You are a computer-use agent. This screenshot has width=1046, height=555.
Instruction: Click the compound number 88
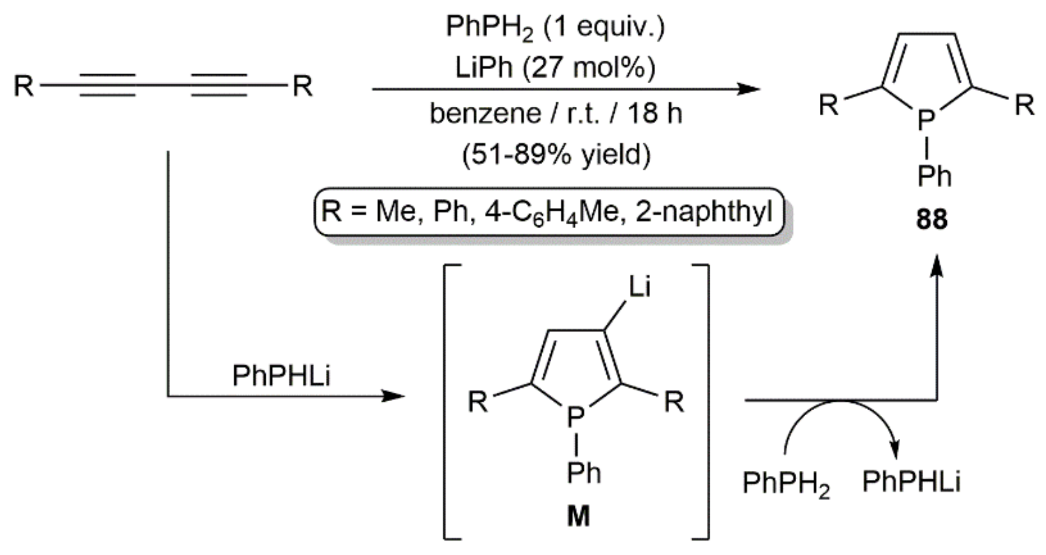click(932, 220)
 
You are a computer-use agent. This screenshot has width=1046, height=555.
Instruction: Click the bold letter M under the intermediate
click(578, 516)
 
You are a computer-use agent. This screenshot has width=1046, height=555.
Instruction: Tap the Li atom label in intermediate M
click(639, 286)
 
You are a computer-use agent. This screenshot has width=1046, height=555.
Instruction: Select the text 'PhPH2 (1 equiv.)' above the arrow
click(555, 27)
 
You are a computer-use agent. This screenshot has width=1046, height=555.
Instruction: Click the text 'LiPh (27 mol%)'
click(555, 68)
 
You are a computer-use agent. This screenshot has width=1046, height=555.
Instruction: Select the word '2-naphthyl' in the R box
click(704, 212)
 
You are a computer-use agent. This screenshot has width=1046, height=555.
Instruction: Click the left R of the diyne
click(24, 86)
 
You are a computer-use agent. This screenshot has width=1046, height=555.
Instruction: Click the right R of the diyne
click(302, 86)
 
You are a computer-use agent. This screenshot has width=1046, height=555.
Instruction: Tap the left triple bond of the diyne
click(108, 86)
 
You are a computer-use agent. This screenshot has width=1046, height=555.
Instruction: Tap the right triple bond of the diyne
click(219, 86)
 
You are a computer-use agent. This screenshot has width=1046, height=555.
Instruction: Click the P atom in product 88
click(926, 119)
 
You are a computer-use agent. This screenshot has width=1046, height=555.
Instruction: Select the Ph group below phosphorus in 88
click(934, 177)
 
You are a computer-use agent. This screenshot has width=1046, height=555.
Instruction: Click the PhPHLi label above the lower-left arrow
click(281, 376)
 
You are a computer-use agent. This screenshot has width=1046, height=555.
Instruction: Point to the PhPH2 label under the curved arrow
click(786, 483)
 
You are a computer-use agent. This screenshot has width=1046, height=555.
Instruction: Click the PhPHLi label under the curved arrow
click(911, 482)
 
